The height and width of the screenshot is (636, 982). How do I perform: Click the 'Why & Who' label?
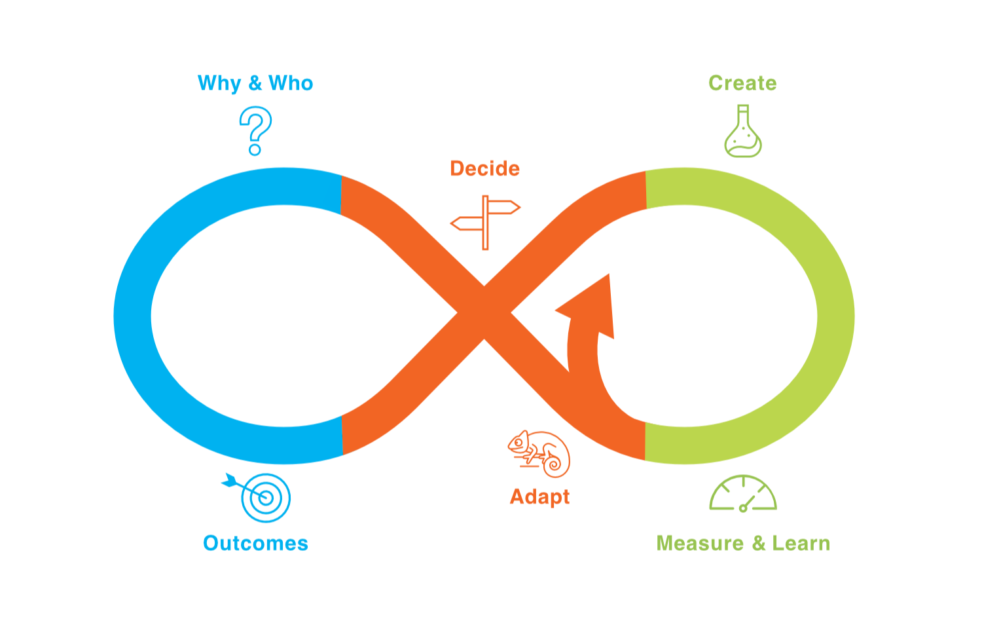[255, 83]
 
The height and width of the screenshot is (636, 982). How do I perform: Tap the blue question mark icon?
[255, 130]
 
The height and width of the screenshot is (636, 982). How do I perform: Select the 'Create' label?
[742, 83]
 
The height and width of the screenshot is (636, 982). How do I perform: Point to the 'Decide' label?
[485, 169]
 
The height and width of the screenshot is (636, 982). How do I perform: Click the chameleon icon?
[539, 453]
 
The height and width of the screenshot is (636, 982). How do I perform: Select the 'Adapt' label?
[539, 496]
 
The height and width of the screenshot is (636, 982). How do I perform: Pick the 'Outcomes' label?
[255, 544]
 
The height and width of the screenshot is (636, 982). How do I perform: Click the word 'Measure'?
[700, 544]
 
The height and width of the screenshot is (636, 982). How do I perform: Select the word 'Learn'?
[801, 544]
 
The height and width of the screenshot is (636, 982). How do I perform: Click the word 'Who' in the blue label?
[291, 83]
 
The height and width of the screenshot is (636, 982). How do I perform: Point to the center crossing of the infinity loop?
[484, 313]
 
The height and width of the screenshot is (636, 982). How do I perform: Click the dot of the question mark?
[255, 151]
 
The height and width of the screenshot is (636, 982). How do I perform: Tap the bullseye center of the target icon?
[266, 498]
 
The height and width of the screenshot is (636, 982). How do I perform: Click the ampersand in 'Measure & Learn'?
[758, 544]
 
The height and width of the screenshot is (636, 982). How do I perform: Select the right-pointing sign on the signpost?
[504, 208]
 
